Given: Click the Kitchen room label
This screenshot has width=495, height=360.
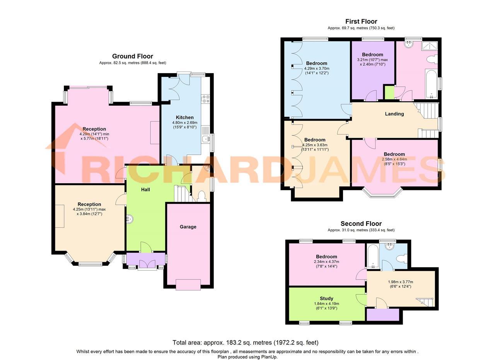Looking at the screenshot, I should tap(184, 118).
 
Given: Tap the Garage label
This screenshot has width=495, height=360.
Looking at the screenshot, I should tap(188, 227).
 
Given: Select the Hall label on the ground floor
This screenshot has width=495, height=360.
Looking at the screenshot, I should tap(145, 189).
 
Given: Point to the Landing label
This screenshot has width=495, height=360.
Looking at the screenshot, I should tap(394, 114).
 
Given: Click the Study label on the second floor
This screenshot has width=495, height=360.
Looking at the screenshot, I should tap(326, 299).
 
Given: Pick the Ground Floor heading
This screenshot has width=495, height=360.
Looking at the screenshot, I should tap(133, 56).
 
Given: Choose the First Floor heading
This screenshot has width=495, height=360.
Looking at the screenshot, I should tap(361, 22).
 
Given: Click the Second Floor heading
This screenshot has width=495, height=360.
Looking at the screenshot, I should tap(361, 224).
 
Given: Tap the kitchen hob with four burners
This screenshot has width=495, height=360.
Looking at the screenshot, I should tap(205, 99).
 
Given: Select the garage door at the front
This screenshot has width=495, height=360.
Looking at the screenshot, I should tap(188, 285).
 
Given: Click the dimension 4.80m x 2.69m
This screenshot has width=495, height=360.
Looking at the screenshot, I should tap(184, 123).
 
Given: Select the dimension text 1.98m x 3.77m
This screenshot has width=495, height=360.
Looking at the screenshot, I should tap(400, 282).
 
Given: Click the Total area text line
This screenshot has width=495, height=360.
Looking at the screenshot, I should tap(246, 343).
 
